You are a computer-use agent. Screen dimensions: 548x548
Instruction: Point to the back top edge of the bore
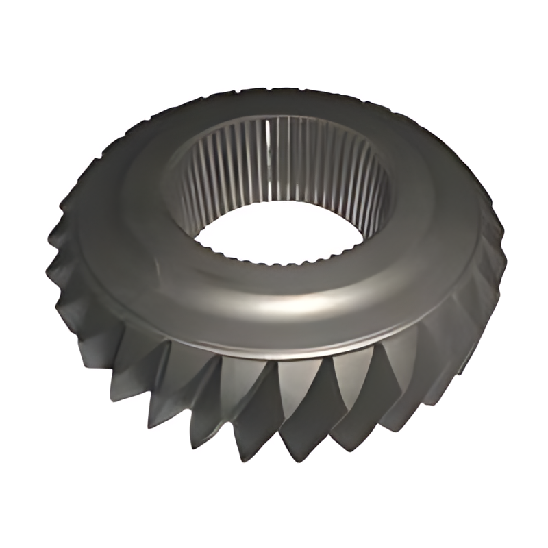281,118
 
